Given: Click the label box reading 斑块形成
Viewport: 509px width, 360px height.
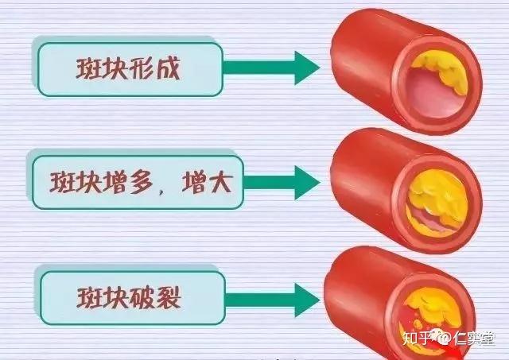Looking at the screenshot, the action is tap(127, 68).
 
